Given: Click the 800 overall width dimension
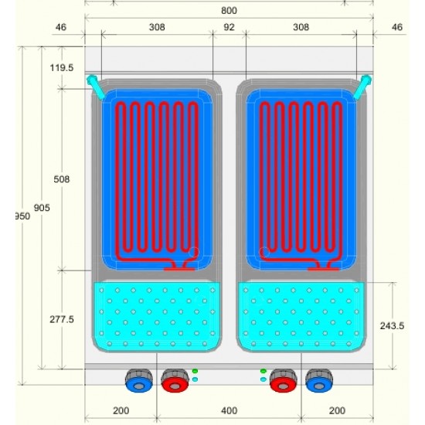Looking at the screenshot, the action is (229, 11).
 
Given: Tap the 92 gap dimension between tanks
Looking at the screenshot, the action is (229, 27).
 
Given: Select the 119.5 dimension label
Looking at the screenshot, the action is (62, 67).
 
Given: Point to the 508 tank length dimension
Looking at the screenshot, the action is (62, 179).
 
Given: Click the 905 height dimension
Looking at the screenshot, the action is (42, 208).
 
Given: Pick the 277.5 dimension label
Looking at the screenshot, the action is (62, 319).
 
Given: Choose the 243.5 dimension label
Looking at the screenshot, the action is (392, 325).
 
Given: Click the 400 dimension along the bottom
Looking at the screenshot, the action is (229, 410).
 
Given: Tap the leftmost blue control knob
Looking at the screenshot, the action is (139, 380).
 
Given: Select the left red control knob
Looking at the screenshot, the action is (175, 380).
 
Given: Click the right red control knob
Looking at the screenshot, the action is (284, 380).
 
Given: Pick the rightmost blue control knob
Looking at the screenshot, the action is (319, 380).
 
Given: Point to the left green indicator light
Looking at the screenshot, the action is (195, 371).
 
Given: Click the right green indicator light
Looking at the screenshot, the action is (263, 371).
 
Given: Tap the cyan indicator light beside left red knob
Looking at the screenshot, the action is (195, 379).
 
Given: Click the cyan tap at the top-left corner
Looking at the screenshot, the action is (95, 87).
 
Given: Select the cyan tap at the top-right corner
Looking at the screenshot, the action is (363, 87).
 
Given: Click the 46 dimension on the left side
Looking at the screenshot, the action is (61, 27).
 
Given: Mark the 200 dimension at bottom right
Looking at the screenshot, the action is (337, 410).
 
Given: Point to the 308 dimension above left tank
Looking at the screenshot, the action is (157, 27).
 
